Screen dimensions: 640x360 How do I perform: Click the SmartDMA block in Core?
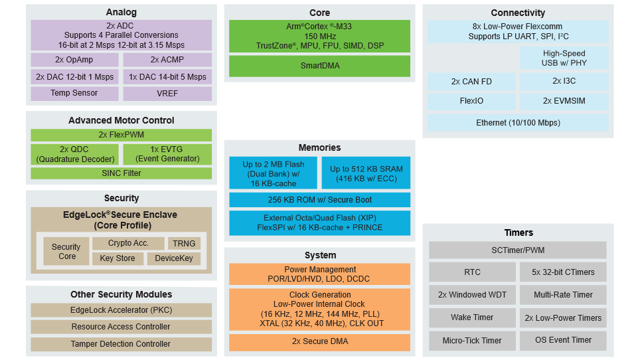(319, 66)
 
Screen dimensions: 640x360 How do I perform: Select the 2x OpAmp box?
(74, 60)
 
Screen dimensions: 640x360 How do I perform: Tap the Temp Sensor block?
(74, 93)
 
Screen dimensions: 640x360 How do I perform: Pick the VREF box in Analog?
(167, 93)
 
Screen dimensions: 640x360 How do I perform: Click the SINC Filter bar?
(121, 173)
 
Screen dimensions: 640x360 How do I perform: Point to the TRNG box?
(184, 243)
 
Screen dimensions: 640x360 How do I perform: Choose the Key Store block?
(118, 258)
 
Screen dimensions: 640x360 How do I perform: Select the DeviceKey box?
(174, 258)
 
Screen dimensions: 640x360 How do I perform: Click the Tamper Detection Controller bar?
(121, 344)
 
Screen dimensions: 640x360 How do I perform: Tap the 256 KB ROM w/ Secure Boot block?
(319, 199)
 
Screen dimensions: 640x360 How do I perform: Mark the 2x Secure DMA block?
(319, 341)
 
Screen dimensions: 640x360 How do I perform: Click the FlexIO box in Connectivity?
(471, 101)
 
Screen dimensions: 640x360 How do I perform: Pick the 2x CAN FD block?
(471, 81)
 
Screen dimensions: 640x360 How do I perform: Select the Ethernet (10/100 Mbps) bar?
(518, 122)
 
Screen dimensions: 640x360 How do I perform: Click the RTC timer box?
(472, 272)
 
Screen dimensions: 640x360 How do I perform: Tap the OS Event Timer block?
(563, 341)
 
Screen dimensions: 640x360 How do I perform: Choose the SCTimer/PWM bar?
(518, 250)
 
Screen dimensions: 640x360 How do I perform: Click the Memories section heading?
(319, 147)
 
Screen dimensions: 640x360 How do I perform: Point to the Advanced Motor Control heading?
(121, 120)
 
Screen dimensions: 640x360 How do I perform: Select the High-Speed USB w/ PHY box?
(564, 58)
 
